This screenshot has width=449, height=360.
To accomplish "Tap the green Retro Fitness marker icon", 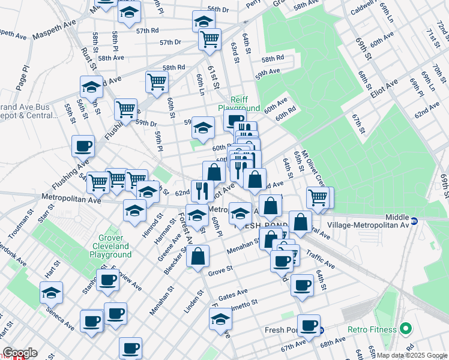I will click(x=405, y=329).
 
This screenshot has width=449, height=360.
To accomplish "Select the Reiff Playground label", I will click(x=239, y=104).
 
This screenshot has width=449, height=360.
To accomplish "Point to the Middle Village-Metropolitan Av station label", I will click(x=412, y=220).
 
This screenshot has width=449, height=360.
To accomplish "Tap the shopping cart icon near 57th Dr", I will click(x=210, y=39).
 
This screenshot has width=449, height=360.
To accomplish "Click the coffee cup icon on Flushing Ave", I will click(x=83, y=145).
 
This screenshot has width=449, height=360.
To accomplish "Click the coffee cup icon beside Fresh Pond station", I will click(x=309, y=325).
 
